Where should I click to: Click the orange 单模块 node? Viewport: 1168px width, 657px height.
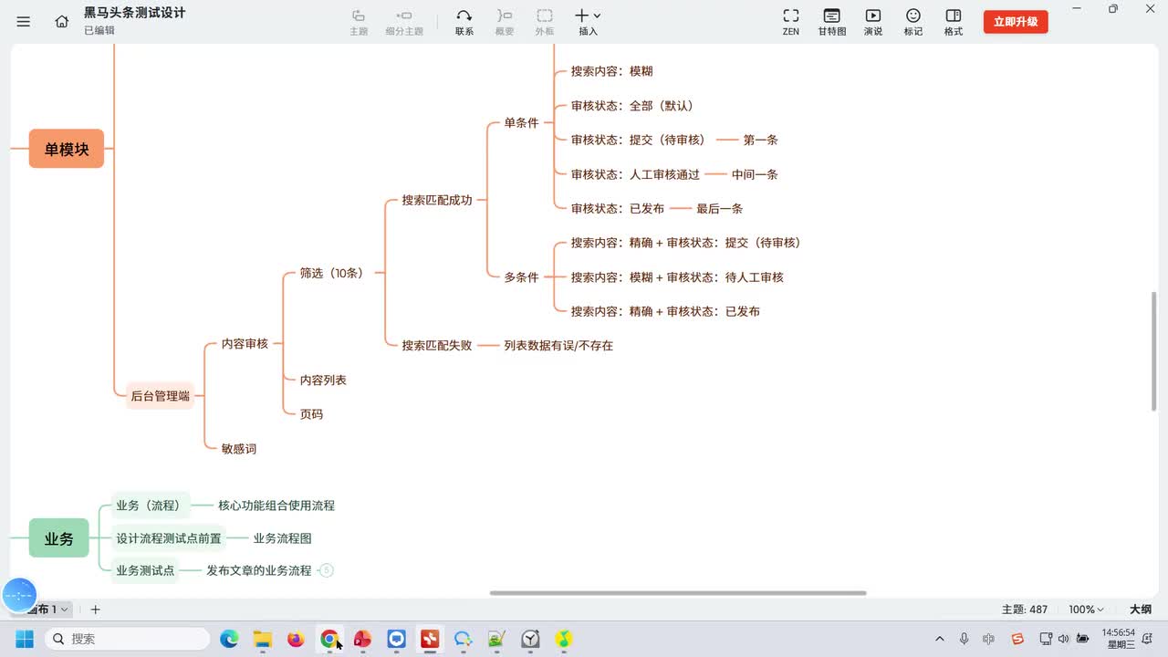click(x=67, y=149)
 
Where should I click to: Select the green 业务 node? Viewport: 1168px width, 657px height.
click(x=58, y=538)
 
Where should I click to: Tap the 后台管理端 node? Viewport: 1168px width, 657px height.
click(x=160, y=396)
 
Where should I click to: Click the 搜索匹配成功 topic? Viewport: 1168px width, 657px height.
click(x=437, y=200)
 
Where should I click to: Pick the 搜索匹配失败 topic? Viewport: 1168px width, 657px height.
click(x=437, y=345)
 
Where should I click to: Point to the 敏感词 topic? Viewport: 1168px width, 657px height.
click(x=239, y=448)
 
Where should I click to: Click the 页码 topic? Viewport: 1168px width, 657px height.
click(x=311, y=414)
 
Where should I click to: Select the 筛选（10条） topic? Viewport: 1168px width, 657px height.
click(x=331, y=273)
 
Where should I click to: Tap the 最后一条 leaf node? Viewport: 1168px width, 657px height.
click(x=720, y=209)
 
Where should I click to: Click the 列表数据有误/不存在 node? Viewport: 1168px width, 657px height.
click(x=558, y=345)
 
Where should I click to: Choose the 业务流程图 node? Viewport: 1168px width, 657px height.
click(x=282, y=538)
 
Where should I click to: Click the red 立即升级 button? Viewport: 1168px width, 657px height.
click(x=1016, y=22)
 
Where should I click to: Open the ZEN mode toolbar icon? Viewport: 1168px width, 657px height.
click(x=790, y=22)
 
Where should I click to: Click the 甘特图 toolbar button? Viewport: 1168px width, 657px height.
click(x=831, y=22)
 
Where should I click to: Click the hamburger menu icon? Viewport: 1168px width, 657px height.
click(x=23, y=21)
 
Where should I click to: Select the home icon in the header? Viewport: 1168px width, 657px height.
click(x=61, y=21)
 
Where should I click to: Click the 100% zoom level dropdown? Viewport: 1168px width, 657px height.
click(x=1086, y=609)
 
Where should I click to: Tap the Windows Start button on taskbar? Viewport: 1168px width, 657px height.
click(x=24, y=639)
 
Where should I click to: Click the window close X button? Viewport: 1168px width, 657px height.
click(x=1150, y=9)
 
